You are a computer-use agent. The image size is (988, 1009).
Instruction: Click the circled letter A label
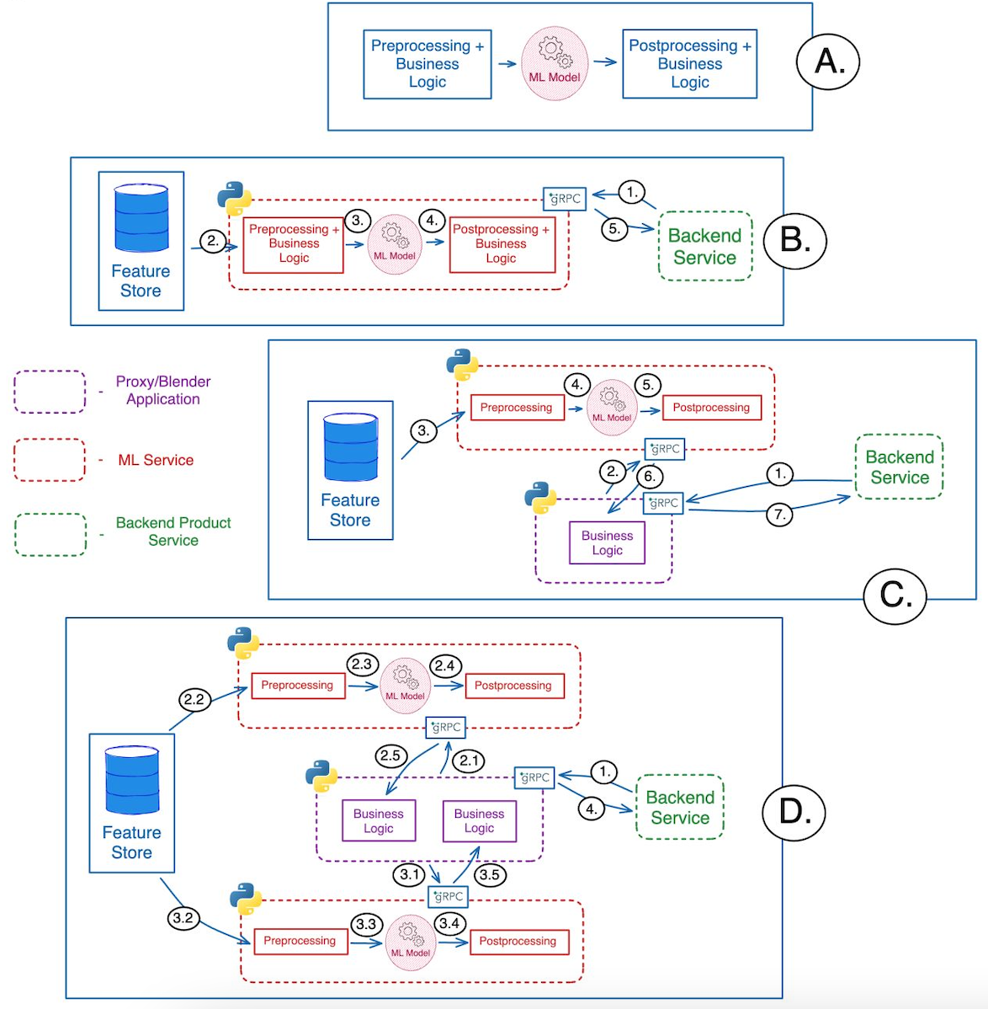tap(827, 61)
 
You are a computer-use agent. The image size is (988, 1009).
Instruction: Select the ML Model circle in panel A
tap(554, 64)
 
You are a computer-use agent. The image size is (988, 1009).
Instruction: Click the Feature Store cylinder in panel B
tap(141, 218)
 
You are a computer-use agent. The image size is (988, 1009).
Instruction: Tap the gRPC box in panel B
tap(564, 199)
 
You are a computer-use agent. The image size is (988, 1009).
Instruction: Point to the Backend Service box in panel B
tap(704, 246)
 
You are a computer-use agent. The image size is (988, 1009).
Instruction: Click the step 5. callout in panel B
tap(614, 228)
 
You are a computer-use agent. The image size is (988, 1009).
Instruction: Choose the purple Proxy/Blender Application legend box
tap(50, 392)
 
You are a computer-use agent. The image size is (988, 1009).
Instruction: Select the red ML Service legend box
tap(50, 460)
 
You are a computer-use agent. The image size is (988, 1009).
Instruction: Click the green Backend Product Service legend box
tap(50, 534)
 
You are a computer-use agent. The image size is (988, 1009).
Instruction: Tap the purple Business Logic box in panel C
tap(607, 542)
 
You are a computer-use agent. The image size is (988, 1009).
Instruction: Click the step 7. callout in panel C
tap(779, 514)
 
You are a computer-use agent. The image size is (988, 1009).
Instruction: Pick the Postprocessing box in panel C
tap(711, 408)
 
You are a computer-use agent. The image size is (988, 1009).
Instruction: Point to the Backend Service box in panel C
tap(899, 467)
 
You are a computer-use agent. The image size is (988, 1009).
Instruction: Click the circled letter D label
tap(794, 811)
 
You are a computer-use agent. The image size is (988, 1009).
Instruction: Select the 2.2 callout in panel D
tap(194, 699)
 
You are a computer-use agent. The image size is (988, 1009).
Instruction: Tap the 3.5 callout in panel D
tap(489, 874)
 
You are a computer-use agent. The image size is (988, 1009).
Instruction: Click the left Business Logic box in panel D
tap(379, 820)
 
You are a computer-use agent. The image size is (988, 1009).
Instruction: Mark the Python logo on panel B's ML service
tap(234, 198)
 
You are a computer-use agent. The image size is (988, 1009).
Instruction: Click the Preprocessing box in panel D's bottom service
tap(300, 941)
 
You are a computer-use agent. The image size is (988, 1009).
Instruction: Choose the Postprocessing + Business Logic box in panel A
tap(689, 64)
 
